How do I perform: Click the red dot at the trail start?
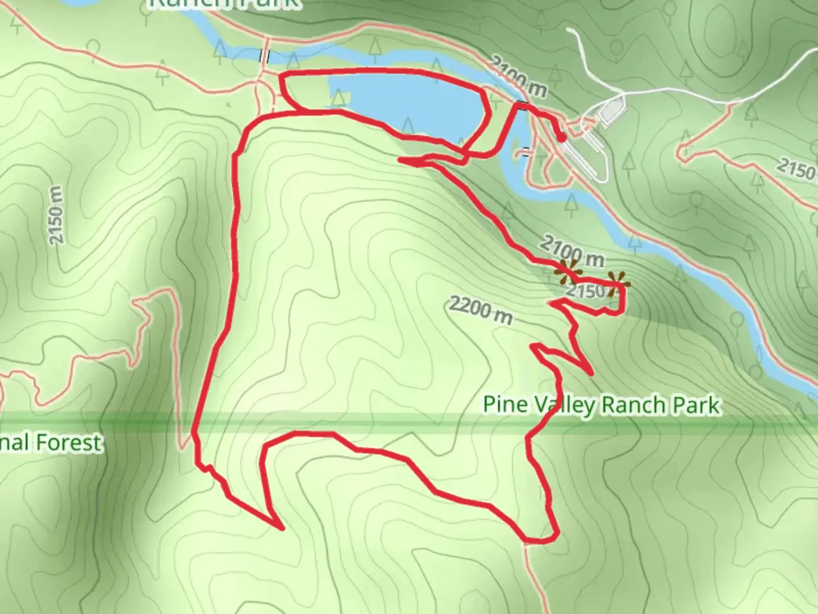click(561, 138)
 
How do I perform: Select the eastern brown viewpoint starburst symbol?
click(617, 283)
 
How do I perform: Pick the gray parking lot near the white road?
click(611, 111)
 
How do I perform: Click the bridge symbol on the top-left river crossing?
click(265, 56)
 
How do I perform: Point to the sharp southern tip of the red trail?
click(282, 528)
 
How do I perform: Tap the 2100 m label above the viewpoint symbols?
click(571, 251)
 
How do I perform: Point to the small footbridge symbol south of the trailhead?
click(527, 152)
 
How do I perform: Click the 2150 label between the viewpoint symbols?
click(585, 291)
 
